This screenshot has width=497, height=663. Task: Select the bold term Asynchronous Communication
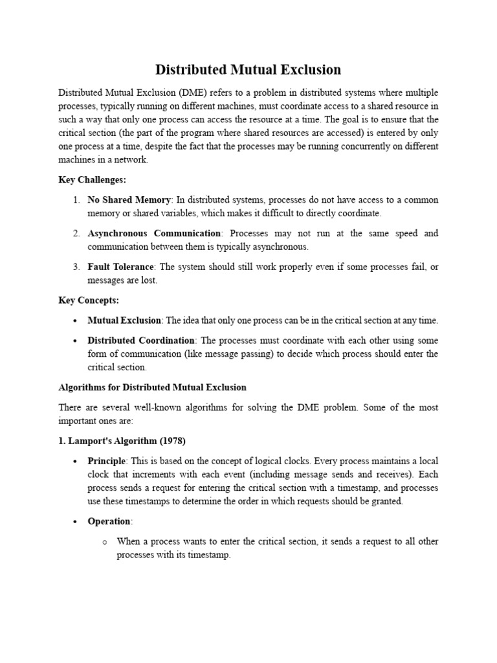[x=154, y=233]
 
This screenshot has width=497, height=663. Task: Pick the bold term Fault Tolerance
[x=121, y=267]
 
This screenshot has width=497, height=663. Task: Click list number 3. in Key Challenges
[x=76, y=267]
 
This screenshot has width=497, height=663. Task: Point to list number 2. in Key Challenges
[x=76, y=233]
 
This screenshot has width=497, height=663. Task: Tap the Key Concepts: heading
[x=89, y=300]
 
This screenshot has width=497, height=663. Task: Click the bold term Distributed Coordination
[x=141, y=340]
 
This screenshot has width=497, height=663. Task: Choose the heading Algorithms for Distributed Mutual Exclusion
[x=153, y=387]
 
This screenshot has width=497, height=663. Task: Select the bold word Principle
[x=107, y=461]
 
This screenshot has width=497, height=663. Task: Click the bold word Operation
[x=109, y=521]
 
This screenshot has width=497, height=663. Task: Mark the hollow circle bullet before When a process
[x=104, y=542]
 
